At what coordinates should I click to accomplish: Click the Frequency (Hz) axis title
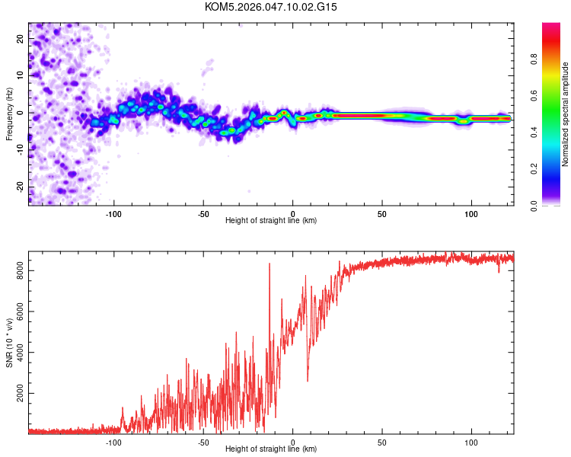[9, 113]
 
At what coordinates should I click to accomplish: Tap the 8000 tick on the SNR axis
[16, 270]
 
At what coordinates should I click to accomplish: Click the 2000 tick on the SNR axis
[16, 394]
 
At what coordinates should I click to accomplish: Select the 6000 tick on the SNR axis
[16, 311]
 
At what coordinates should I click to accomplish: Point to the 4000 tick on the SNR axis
[16, 352]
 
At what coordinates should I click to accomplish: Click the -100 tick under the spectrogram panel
[114, 213]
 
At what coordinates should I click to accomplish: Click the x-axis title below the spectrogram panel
[271, 221]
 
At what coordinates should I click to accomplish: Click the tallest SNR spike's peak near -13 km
[270, 264]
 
